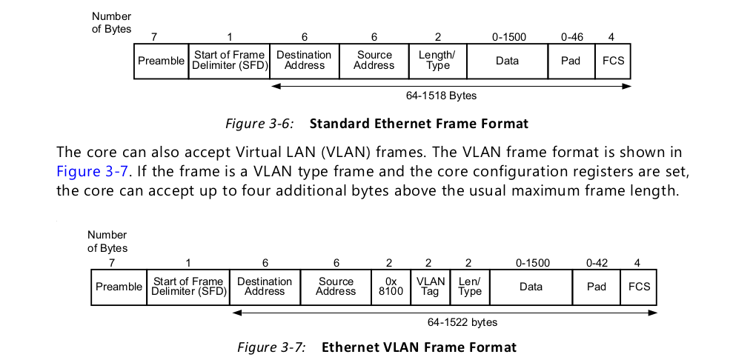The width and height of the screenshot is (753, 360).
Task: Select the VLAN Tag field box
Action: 431,287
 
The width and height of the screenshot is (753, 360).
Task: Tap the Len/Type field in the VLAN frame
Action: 470,287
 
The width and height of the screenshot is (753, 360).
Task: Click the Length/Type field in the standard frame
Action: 437,61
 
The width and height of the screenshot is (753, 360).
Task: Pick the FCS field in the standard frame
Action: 614,61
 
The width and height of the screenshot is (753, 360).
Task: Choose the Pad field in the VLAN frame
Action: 597,287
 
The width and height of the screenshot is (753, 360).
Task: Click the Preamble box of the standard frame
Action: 161,61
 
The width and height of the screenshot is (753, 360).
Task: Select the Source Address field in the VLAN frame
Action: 336,287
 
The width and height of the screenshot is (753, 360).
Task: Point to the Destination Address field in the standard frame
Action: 305,61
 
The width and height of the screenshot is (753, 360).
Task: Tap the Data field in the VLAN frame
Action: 531,287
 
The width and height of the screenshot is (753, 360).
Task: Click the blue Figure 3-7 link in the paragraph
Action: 91,171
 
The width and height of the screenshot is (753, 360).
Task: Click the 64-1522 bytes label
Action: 462,322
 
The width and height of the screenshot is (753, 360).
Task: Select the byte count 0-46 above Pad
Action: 573,36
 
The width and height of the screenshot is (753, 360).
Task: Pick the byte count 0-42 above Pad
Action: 597,262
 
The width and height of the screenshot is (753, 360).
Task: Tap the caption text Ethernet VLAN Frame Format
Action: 419,347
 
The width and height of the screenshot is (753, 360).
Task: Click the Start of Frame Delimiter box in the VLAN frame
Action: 188,287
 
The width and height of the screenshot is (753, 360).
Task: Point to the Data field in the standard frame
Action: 508,61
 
